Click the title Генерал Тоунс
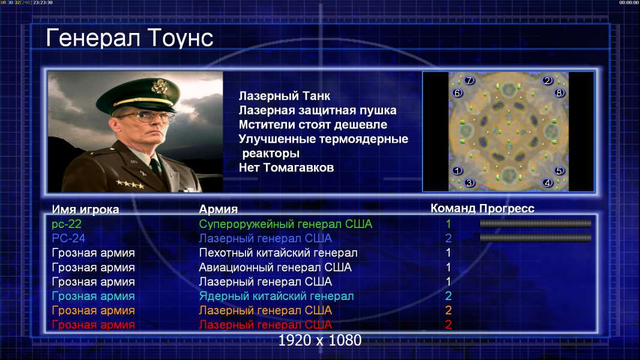click(x=130, y=38)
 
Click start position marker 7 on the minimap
click(x=469, y=80)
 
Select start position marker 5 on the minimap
click(x=559, y=170)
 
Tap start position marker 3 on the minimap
click(x=469, y=182)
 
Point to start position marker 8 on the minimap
click(x=559, y=92)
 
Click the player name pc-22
click(x=67, y=224)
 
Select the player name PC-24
click(x=68, y=238)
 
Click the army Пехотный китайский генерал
click(x=279, y=253)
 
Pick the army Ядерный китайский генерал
click(x=276, y=296)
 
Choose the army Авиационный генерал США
click(x=275, y=268)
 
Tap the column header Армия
click(x=219, y=209)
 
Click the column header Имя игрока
click(x=85, y=209)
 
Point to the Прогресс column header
click(x=507, y=208)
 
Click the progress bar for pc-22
click(x=536, y=223)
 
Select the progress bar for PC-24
click(x=536, y=238)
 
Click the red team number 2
click(x=448, y=325)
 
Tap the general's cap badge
click(x=158, y=86)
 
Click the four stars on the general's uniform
click(x=130, y=184)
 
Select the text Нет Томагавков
click(x=286, y=167)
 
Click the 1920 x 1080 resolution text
click(x=319, y=340)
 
